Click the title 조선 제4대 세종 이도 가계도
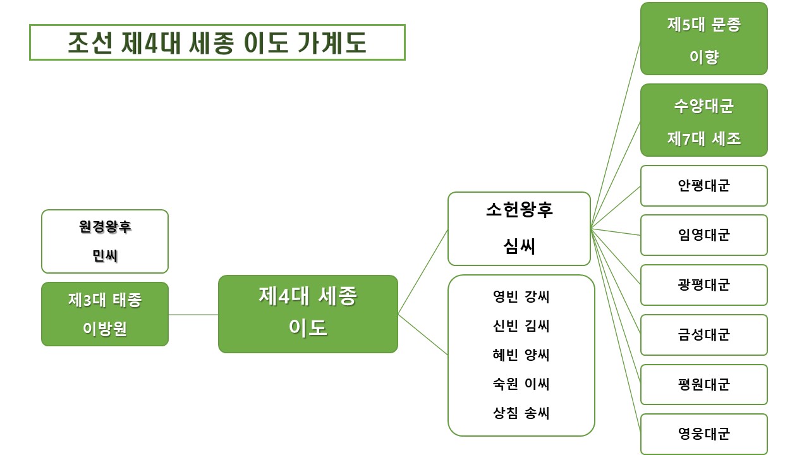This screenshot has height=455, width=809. (x=217, y=42)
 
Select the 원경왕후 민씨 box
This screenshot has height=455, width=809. (x=105, y=241)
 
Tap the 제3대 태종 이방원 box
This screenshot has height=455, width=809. (x=105, y=314)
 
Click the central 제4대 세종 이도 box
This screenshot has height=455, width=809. (x=308, y=313)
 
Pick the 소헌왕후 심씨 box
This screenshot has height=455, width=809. (x=519, y=229)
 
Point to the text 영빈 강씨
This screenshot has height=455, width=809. (x=521, y=297)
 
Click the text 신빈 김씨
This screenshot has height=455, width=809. (x=521, y=326)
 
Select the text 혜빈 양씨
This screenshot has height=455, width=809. (x=521, y=355)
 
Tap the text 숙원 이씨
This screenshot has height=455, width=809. (x=521, y=384)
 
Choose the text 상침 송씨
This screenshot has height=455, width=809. (x=521, y=413)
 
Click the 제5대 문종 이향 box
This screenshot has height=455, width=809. (x=703, y=39)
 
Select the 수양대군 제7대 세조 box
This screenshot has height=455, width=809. (x=703, y=121)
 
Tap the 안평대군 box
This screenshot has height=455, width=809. (x=703, y=186)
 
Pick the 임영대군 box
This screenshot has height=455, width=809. (x=703, y=235)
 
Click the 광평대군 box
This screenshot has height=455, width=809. (x=703, y=285)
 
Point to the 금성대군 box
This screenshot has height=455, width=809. (x=703, y=335)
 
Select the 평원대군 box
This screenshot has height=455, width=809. (x=703, y=384)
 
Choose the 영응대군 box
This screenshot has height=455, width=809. (x=703, y=434)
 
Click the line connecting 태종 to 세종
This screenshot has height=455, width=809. (x=193, y=314)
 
